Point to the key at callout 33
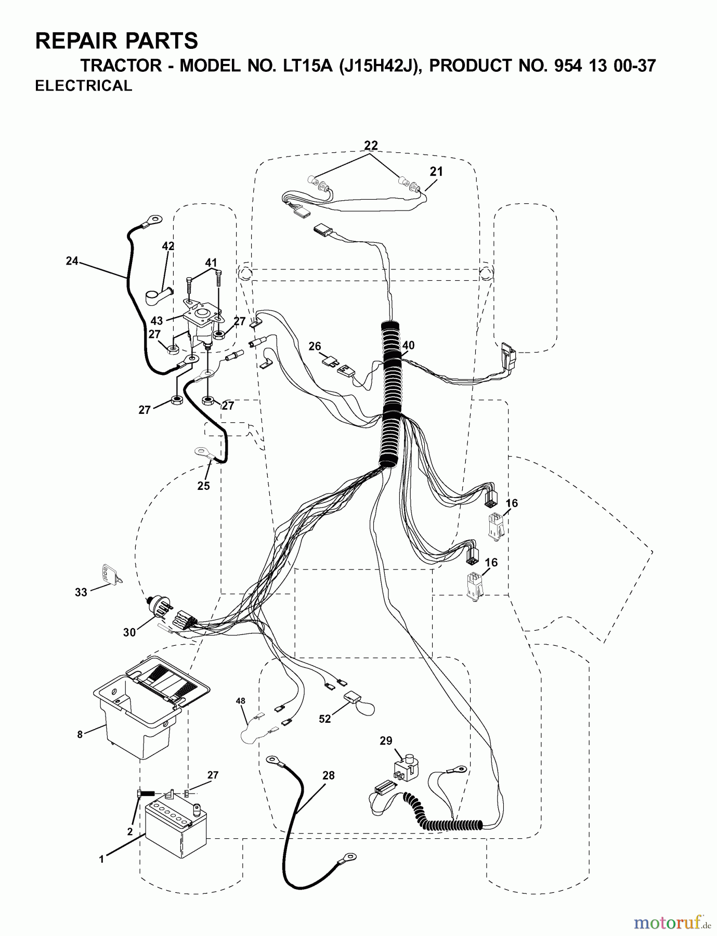tap(111, 574)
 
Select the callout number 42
tap(168, 245)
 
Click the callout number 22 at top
tap(371, 145)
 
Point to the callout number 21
tap(436, 171)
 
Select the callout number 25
tap(203, 485)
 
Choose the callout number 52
tap(324, 719)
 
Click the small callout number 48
tap(240, 701)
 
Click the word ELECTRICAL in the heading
tap(84, 86)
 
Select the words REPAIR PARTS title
tap(116, 41)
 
